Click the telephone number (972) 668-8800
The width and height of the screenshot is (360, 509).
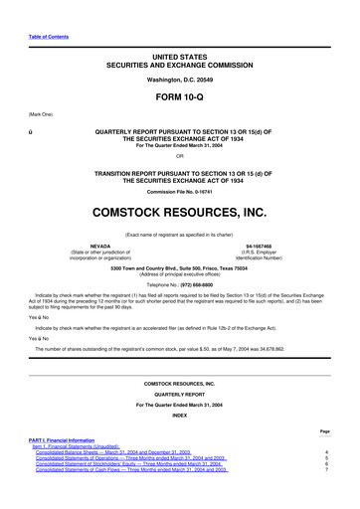coord(199,281)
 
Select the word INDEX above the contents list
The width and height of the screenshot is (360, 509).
coord(180,416)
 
